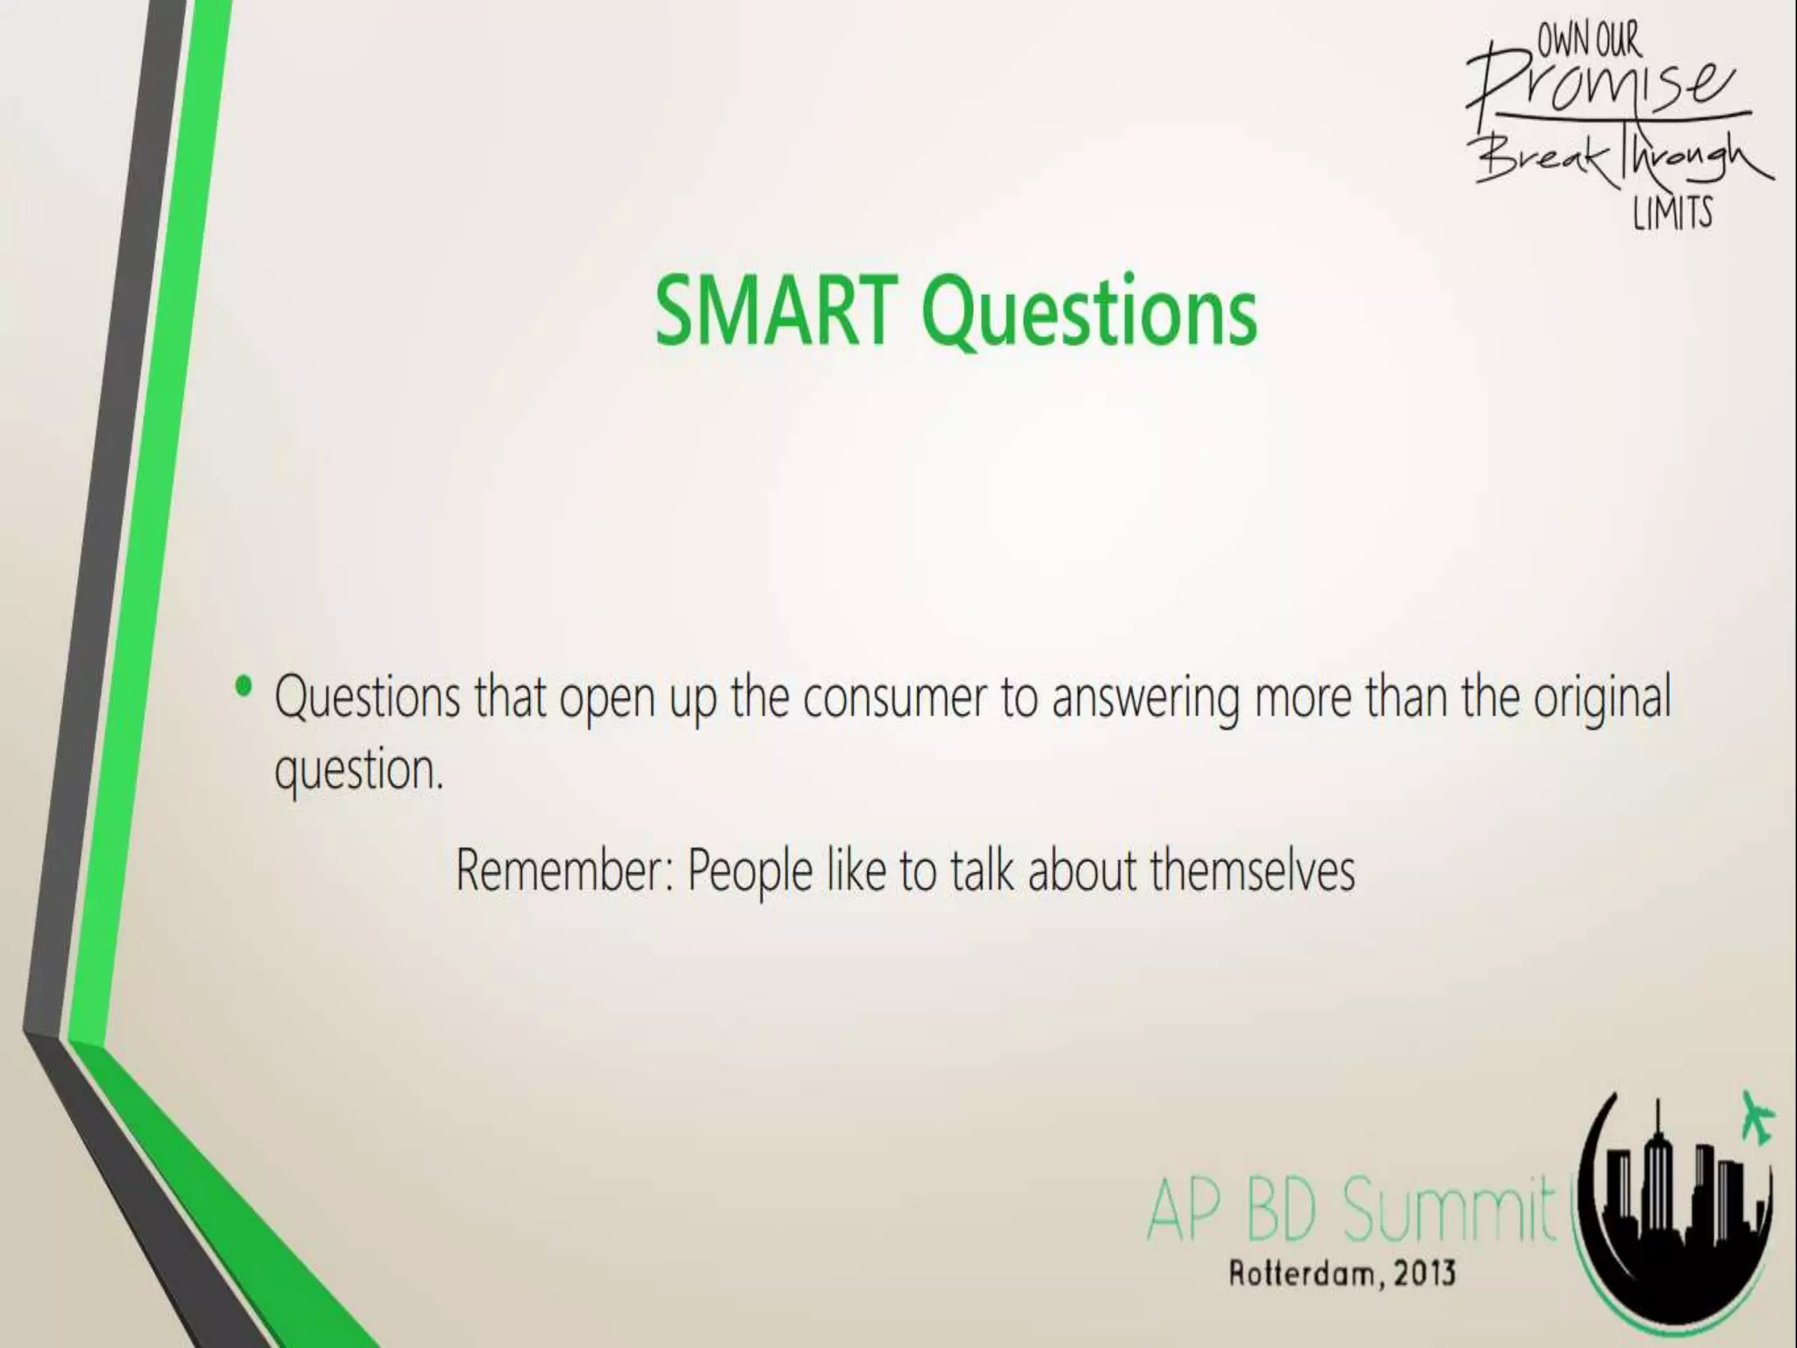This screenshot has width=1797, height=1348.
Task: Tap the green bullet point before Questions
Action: click(245, 686)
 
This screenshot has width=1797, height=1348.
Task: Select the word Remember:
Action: click(564, 871)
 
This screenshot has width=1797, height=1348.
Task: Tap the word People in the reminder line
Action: click(749, 872)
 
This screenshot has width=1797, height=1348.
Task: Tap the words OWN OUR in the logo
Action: click(1587, 39)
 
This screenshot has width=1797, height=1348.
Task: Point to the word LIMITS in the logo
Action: click(1672, 213)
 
